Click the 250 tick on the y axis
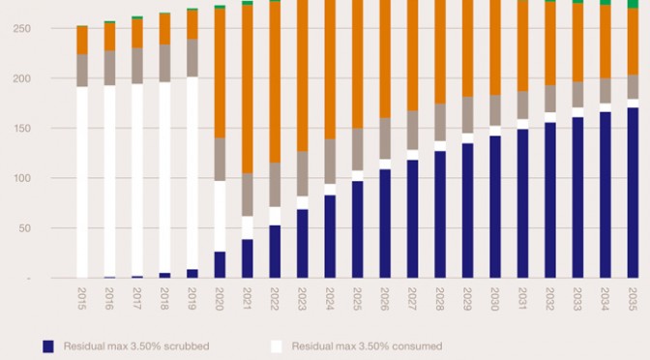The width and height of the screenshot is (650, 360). [22, 29]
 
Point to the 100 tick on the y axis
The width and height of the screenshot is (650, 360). [22, 178]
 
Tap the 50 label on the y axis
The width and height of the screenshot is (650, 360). [24, 228]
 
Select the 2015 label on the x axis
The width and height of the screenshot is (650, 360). [82, 299]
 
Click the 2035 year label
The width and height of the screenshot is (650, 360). [633, 299]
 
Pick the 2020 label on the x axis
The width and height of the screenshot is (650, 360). [220, 299]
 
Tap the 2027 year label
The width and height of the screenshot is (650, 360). [412, 299]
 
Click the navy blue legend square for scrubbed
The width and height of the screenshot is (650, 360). [48, 346]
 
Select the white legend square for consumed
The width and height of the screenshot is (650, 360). [277, 346]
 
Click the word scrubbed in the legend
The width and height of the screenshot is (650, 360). [187, 346]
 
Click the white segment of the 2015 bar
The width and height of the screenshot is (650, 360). [82, 182]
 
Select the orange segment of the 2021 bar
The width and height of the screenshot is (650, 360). [248, 89]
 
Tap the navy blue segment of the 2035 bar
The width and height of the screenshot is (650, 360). [633, 193]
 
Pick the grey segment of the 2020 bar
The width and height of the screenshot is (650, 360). [220, 160]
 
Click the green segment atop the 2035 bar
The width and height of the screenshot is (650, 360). [633, 4]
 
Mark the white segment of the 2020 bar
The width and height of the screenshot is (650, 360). [220, 216]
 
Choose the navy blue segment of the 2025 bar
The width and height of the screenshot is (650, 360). [357, 229]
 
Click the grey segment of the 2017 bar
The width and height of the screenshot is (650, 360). [137, 66]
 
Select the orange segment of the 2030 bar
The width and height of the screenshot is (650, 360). [495, 47]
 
